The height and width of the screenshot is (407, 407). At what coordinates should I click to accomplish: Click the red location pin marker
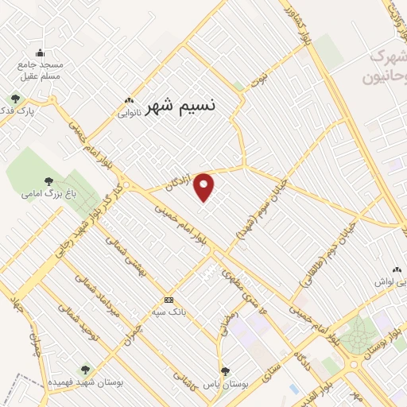pos(204,188)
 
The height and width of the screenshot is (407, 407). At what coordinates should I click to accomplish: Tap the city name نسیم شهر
pos(182,104)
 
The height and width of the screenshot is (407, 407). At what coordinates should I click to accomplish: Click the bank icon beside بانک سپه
pos(168,300)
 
